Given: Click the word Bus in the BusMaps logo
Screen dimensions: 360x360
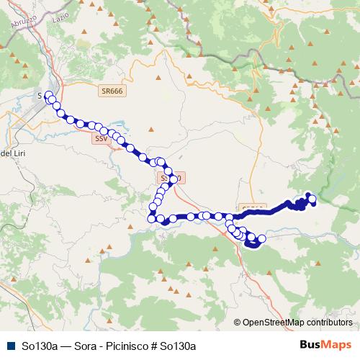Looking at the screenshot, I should pos(311,345).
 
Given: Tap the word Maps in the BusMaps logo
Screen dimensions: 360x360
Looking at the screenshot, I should pos(337,345).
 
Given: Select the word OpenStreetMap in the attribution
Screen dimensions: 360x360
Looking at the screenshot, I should pos(274,323).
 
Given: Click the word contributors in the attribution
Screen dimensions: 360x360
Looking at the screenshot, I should pos(329,323).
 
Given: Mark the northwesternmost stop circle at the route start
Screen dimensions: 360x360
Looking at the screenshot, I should pos(49,95).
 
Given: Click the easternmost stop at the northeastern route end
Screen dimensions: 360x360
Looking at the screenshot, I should pos(312,199).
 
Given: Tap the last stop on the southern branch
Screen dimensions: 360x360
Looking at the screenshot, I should pos(261,238).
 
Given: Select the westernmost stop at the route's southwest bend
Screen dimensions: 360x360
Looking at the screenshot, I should pos(152,218).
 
